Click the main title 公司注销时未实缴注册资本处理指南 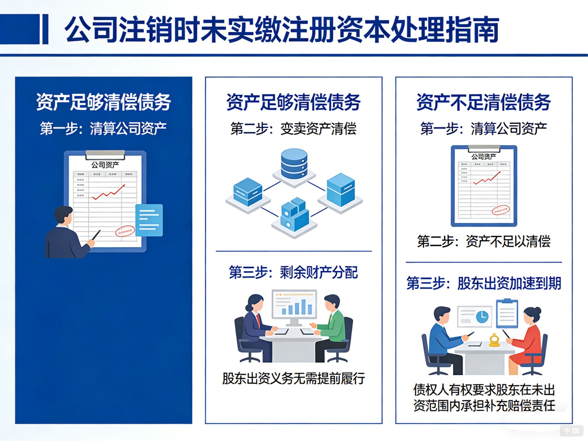[282, 29]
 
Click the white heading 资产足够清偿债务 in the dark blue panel [103, 102]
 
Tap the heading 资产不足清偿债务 [483, 102]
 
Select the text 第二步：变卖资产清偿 [293, 129]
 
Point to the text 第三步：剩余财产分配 [293, 272]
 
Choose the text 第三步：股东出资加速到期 [483, 283]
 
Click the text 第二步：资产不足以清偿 [483, 241]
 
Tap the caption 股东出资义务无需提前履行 [293, 379]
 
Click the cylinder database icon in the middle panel [294, 164]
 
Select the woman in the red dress [529, 339]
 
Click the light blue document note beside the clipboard [149, 220]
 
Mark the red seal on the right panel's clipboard [501, 210]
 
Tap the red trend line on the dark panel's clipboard [109, 192]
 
